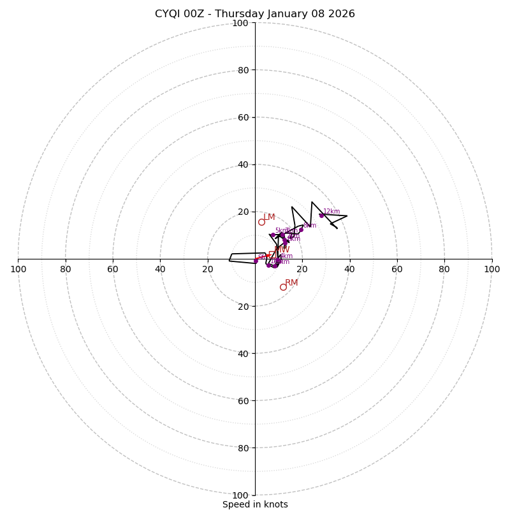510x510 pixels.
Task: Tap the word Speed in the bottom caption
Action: pyautogui.click(x=236, y=504)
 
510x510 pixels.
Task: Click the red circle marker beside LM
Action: pyautogui.click(x=261, y=222)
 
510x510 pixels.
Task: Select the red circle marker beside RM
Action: pyautogui.click(x=283, y=287)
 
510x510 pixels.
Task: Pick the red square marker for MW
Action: pyautogui.click(x=272, y=255)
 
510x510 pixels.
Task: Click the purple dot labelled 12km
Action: pyautogui.click(x=321, y=215)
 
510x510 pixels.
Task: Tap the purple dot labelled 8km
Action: pyautogui.click(x=301, y=229)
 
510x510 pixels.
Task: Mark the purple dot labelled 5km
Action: pyautogui.click(x=273, y=235)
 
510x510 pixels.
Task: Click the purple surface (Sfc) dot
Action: pyautogui.click(x=256, y=261)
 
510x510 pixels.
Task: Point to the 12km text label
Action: pyautogui.click(x=331, y=212)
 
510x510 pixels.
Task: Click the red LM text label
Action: pyautogui.click(x=269, y=217)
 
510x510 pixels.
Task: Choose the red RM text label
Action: pyautogui.click(x=291, y=282)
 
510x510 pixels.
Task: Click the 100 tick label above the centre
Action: pyautogui.click(x=240, y=23)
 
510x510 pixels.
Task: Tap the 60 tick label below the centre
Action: pyautogui.click(x=240, y=400)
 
